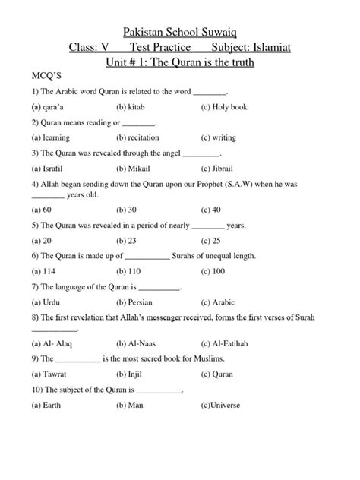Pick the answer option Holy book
click(226, 108)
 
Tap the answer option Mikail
click(135, 167)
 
